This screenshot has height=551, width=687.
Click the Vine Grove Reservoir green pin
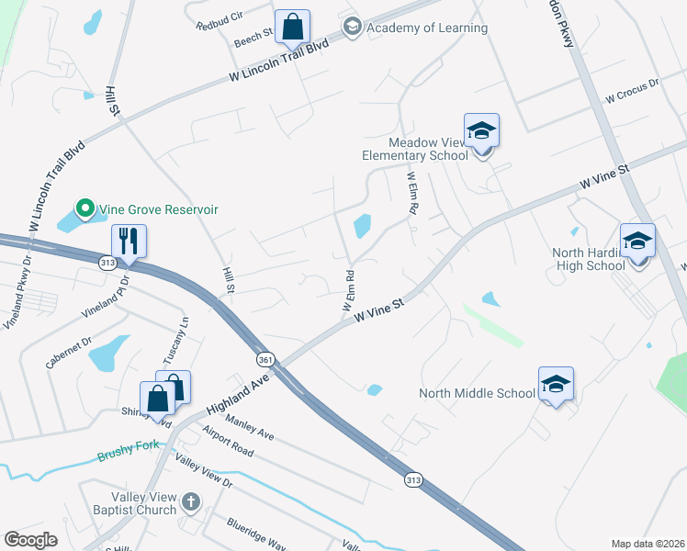pyautogui.click(x=85, y=209)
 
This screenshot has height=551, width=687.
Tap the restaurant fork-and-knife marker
pyautogui.click(x=130, y=242)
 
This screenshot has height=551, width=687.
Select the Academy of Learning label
pyautogui.click(x=426, y=28)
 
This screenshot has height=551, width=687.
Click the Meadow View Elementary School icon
pyautogui.click(x=481, y=131)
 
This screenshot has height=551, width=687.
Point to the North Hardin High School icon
pyautogui.click(x=637, y=242)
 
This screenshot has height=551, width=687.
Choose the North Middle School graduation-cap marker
pyautogui.click(x=556, y=385)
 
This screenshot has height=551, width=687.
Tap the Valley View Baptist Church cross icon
pyautogui.click(x=190, y=501)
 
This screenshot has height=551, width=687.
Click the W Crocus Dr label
pyautogui.click(x=632, y=90)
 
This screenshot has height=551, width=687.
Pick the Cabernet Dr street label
pyautogui.click(x=69, y=353)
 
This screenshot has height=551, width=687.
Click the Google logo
pyautogui.click(x=31, y=540)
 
